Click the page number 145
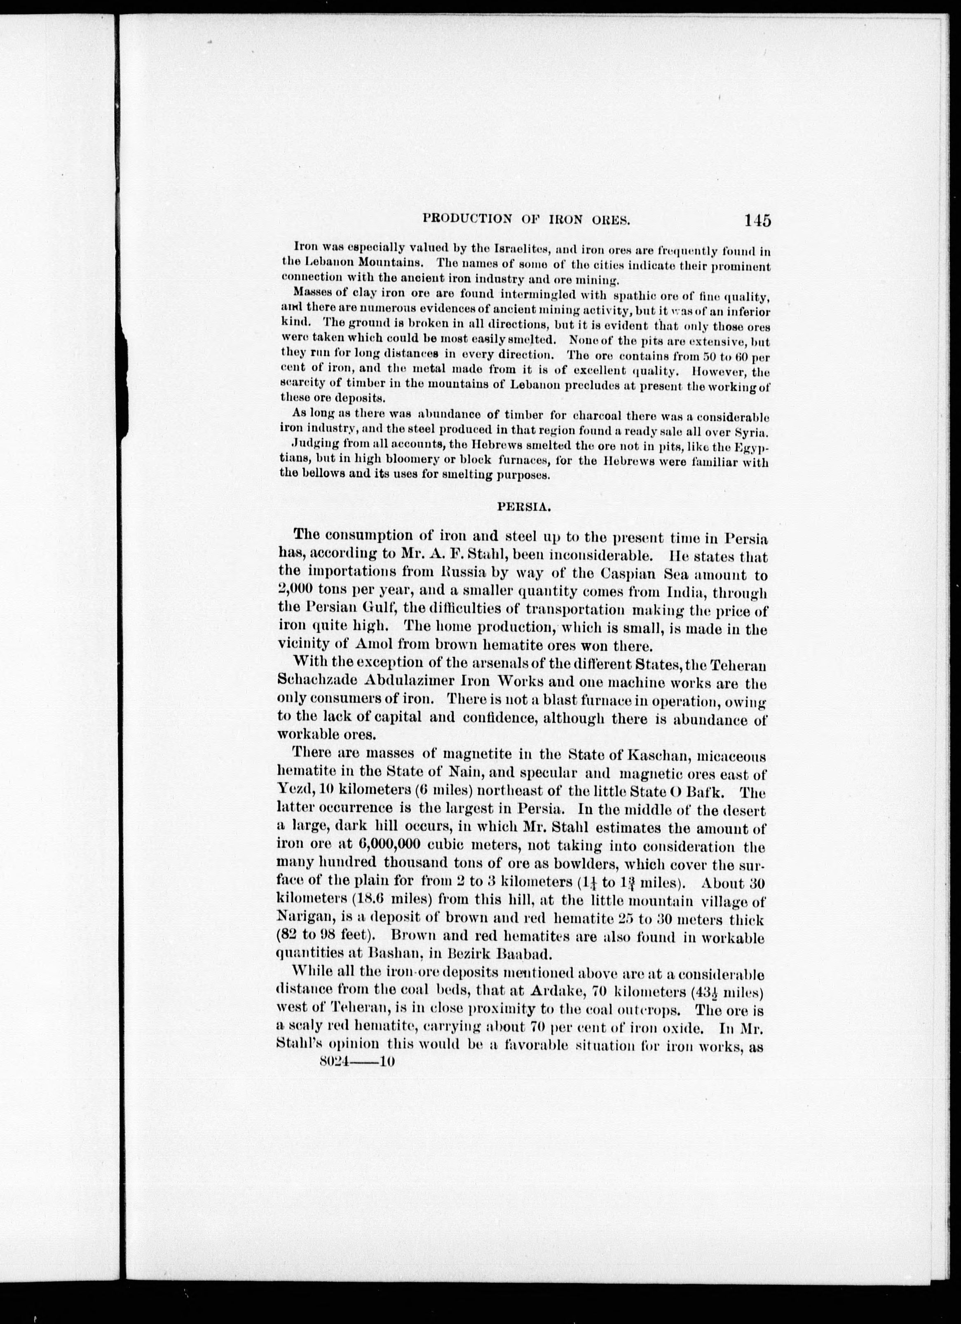coord(757,221)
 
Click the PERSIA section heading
coord(524,507)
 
